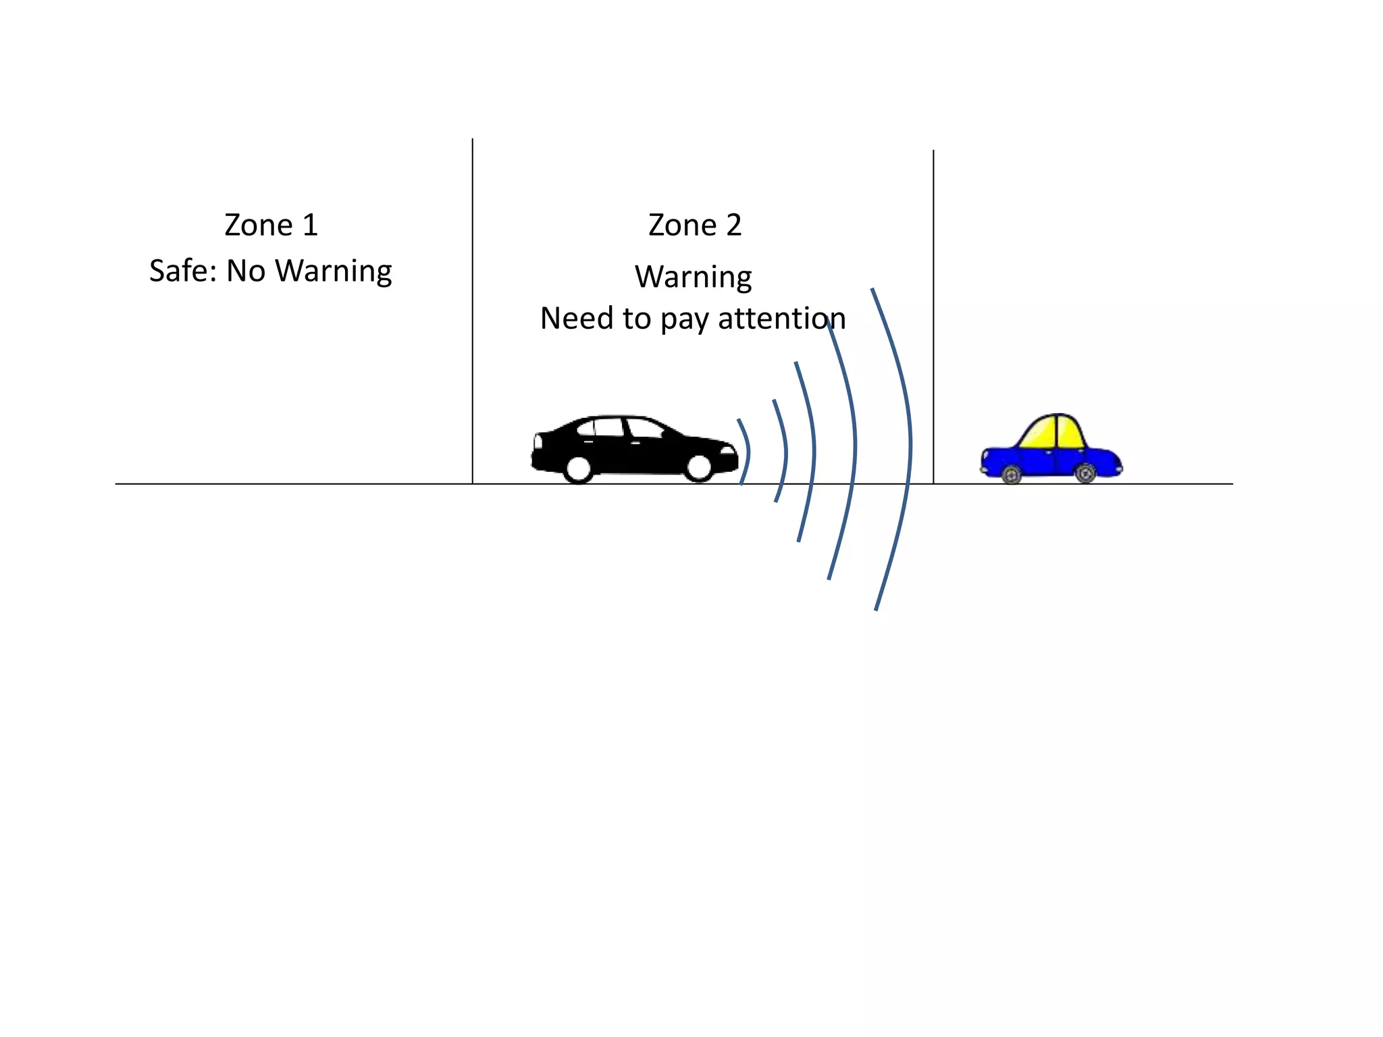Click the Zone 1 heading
(x=271, y=225)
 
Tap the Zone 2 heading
(x=695, y=225)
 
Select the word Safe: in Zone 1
(x=182, y=271)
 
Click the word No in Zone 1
(x=246, y=271)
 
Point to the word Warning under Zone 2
(x=694, y=277)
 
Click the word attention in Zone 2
(x=782, y=318)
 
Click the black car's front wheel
(x=699, y=467)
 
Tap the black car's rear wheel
(x=579, y=468)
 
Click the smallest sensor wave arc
(x=747, y=451)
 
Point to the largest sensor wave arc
(x=909, y=446)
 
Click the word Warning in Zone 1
(x=334, y=271)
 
